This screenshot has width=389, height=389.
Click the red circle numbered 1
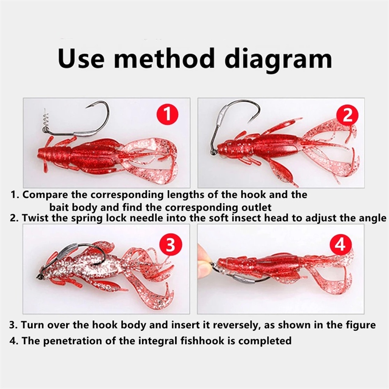167,114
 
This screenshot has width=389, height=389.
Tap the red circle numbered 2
347,115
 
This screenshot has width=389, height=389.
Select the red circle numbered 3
171,245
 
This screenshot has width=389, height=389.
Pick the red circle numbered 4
341,245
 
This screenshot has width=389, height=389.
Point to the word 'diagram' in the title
278,60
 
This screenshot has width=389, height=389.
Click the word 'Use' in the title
81,59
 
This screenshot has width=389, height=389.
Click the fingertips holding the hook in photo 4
204,260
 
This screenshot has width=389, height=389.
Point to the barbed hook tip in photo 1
88,107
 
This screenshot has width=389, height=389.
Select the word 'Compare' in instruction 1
45,195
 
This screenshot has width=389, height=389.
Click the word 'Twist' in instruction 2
36,218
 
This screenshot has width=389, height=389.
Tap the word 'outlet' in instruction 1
256,207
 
